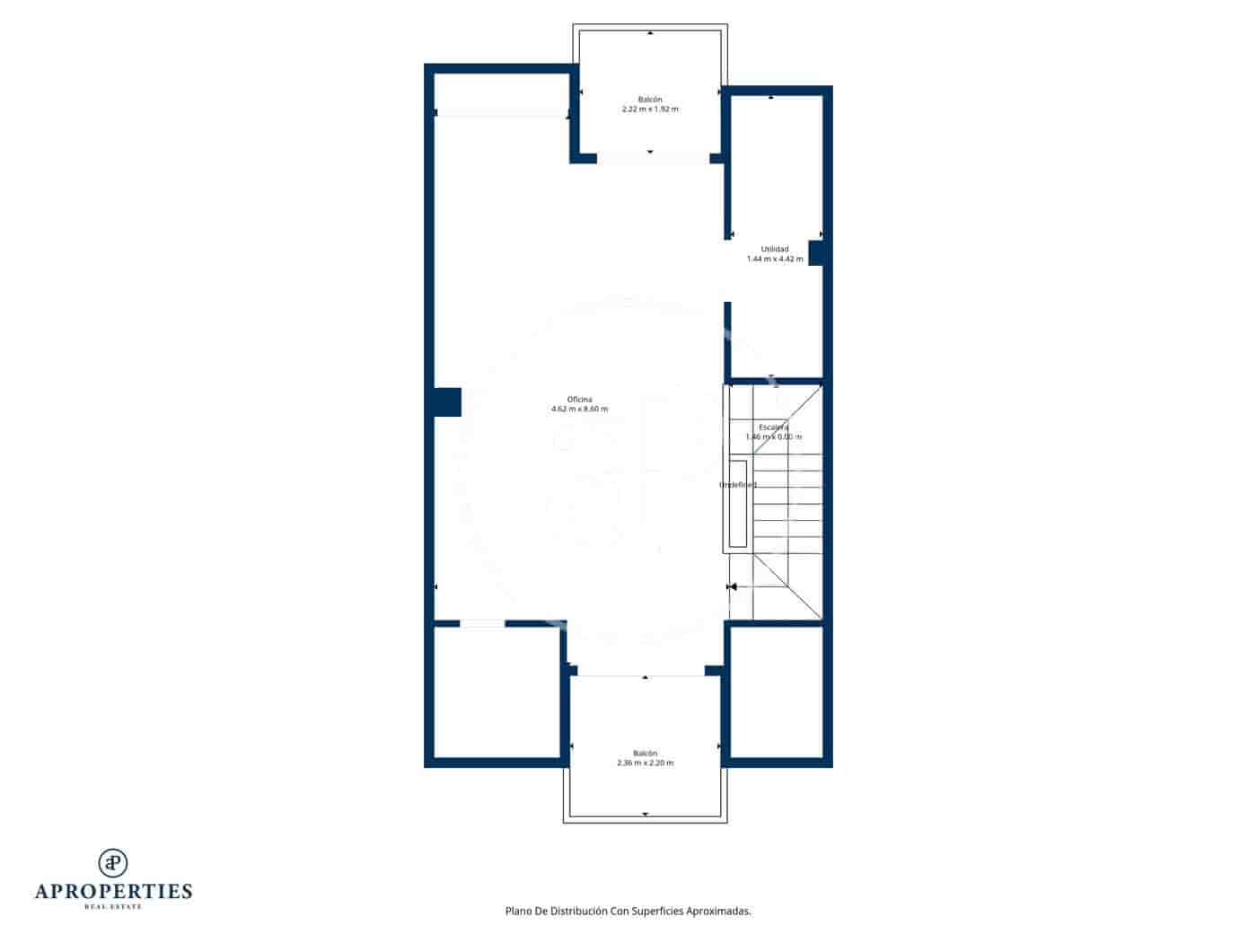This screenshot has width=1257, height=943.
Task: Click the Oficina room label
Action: click(579, 400)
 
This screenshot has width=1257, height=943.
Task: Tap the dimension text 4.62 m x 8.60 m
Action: click(579, 410)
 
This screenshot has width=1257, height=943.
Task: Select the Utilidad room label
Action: click(775, 249)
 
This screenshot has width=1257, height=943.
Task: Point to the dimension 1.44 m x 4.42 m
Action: click(775, 259)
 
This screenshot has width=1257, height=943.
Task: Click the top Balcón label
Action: click(650, 99)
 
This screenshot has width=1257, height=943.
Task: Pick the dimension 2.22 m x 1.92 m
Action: click(650, 110)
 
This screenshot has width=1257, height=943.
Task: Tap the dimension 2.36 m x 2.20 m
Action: click(645, 763)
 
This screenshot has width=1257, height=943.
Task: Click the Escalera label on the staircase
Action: click(773, 427)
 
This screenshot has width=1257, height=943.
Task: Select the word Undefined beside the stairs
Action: click(738, 485)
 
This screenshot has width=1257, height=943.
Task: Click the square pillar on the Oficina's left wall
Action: click(447, 401)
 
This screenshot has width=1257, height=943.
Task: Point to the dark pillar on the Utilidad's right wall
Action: click(817, 252)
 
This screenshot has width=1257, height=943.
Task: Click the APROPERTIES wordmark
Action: click(113, 891)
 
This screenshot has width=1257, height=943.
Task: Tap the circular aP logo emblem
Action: click(113, 862)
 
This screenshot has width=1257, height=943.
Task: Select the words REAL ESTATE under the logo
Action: click(113, 907)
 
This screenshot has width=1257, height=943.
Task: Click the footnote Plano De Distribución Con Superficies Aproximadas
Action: click(628, 911)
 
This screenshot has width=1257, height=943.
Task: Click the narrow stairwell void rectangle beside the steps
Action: click(738, 503)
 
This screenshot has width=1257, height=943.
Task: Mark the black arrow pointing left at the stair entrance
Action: click(733, 587)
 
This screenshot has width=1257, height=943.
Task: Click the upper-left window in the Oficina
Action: click(501, 113)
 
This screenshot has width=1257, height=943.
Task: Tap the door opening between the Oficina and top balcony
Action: click(653, 159)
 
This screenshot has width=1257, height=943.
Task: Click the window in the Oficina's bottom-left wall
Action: click(482, 623)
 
